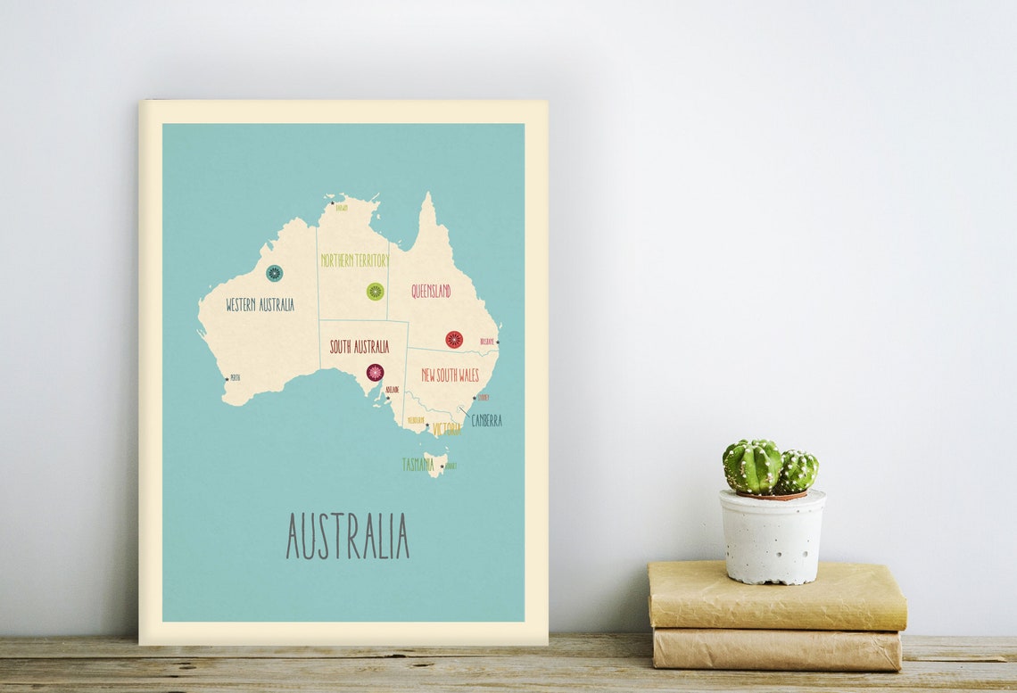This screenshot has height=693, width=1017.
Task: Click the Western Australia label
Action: pyautogui.click(x=260, y=305)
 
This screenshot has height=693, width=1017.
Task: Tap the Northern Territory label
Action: pyautogui.click(x=355, y=260)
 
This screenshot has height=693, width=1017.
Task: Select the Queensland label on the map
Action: pyautogui.click(x=431, y=291)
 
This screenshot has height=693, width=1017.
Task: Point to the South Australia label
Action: pyautogui.click(x=360, y=347)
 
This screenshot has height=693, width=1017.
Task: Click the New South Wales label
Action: pyautogui.click(x=451, y=375)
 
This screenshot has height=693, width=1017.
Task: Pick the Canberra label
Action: pyautogui.click(x=487, y=420)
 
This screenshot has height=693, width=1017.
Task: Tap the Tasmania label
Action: pyautogui.click(x=418, y=465)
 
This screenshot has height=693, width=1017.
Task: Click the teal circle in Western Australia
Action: pyautogui.click(x=274, y=273)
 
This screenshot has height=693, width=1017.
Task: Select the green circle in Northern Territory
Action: pyautogui.click(x=376, y=292)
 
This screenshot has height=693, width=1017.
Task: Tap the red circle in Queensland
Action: pyautogui.click(x=454, y=340)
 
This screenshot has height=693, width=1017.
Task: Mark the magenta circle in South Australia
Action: pyautogui.click(x=375, y=372)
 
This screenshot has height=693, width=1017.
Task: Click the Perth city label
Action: pyautogui.click(x=236, y=378)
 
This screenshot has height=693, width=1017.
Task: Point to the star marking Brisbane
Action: pyautogui.click(x=497, y=342)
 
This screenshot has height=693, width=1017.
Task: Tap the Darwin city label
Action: pyautogui.click(x=342, y=208)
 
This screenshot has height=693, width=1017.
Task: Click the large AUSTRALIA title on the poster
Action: pyautogui.click(x=347, y=536)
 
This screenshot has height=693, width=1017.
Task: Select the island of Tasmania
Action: pyautogui.click(x=434, y=463)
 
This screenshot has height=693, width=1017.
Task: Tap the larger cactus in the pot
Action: pyautogui.click(x=752, y=466)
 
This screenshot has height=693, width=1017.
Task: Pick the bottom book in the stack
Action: pyautogui.click(x=776, y=650)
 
